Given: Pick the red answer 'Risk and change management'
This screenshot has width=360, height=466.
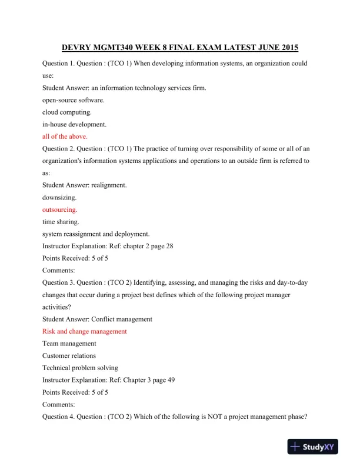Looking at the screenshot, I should coord(84,331).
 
